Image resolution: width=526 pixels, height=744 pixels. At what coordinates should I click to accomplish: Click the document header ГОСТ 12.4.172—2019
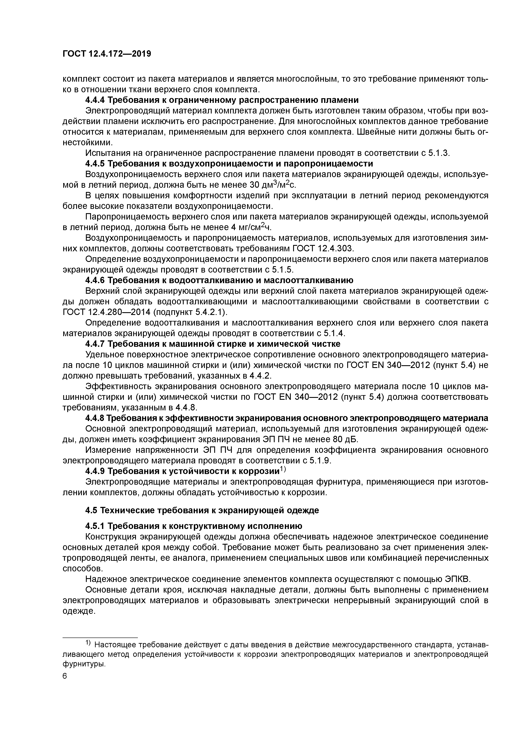pos(107,54)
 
